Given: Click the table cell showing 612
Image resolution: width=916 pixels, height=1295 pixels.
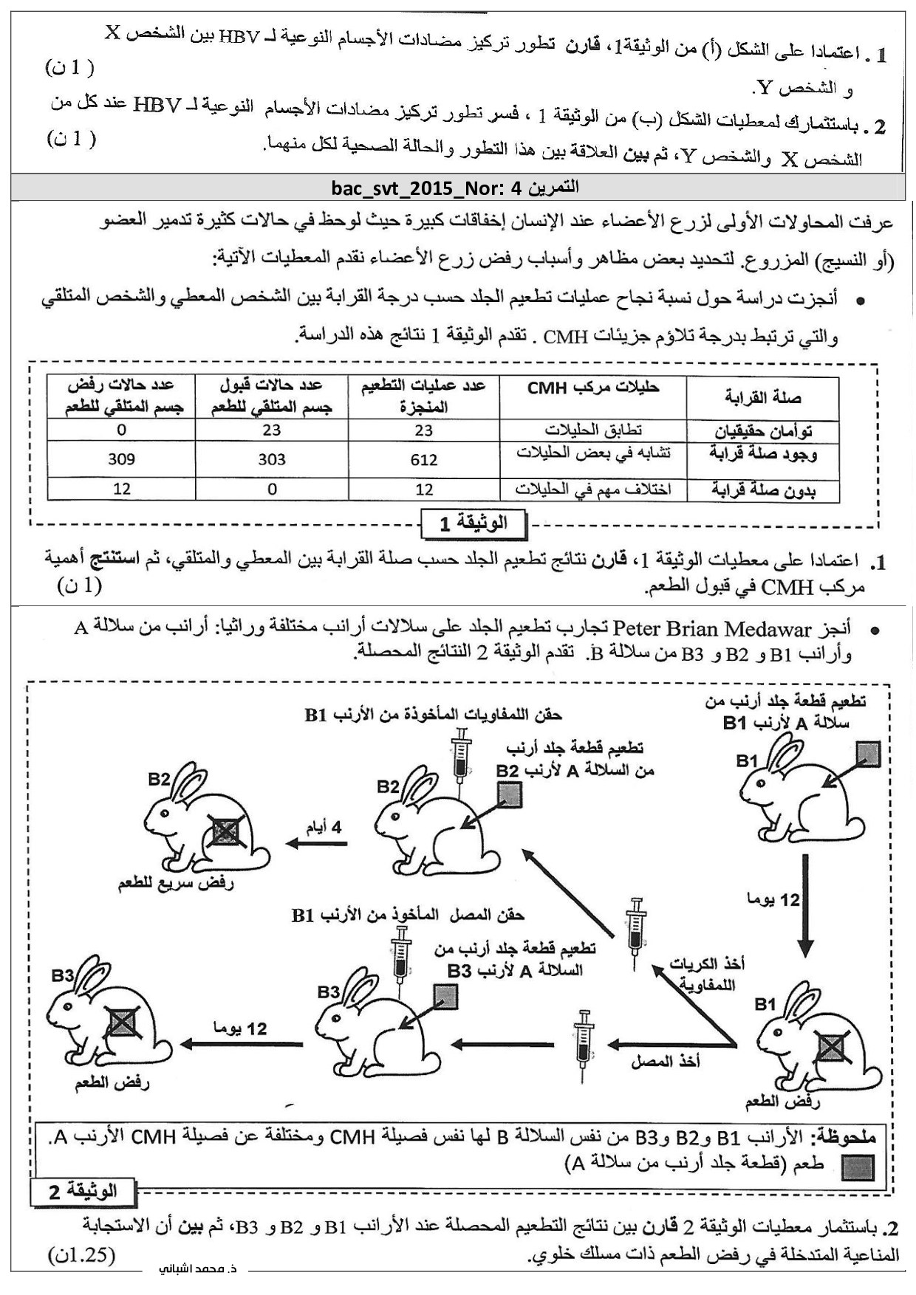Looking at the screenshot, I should coord(423,460).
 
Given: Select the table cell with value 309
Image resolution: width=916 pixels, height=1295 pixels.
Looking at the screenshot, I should coord(122,459).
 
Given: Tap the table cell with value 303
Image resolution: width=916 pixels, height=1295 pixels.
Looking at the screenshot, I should coord(272,459).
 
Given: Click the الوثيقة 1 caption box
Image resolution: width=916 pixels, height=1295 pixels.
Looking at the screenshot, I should coord(473,523).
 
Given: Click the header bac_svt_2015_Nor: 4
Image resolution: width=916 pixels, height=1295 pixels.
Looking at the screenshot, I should coord(457,187).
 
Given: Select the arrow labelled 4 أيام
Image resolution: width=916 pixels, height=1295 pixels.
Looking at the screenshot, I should coord(315,844).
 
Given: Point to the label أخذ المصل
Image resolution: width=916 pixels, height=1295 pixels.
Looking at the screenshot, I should coord(665,1062).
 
